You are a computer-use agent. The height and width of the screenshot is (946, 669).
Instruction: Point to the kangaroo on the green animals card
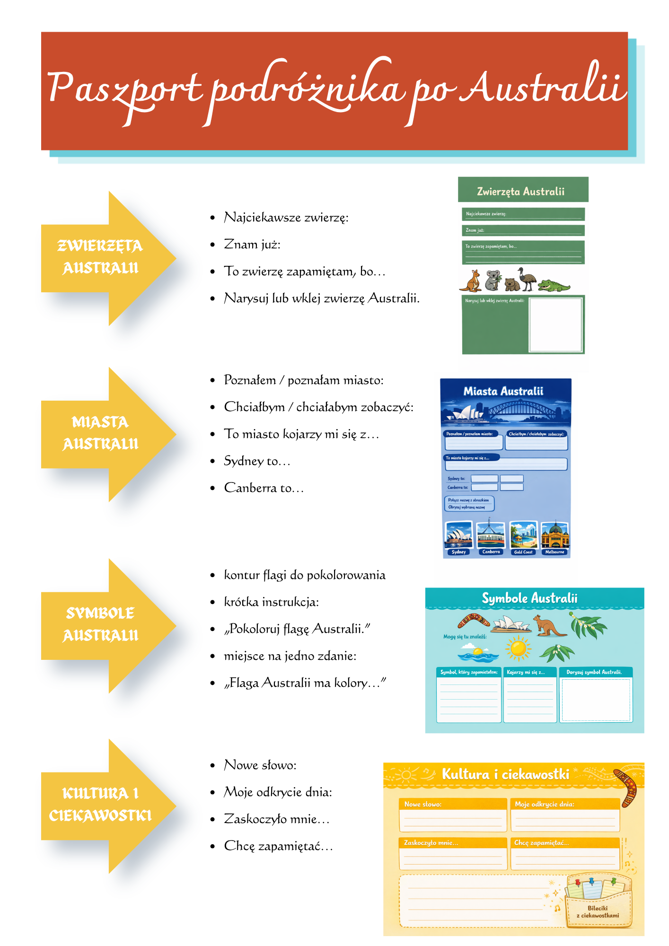(471, 281)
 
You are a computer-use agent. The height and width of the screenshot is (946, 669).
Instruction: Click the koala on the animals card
(493, 280)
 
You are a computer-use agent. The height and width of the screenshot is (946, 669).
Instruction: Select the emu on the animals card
(526, 278)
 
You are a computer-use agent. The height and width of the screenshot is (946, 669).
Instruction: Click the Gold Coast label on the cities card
(523, 552)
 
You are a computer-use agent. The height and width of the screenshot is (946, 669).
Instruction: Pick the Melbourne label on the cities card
(555, 552)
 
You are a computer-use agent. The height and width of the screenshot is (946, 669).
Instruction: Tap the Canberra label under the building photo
(491, 552)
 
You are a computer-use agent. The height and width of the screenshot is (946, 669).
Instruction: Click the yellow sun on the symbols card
(518, 648)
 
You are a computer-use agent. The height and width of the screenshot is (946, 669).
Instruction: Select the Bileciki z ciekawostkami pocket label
(598, 911)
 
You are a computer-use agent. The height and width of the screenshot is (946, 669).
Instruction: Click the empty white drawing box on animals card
(555, 324)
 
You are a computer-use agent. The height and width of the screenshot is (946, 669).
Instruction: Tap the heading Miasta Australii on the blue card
(503, 391)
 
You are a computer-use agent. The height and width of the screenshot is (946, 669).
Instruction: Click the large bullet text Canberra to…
(264, 488)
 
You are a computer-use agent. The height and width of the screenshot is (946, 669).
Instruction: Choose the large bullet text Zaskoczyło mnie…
(276, 819)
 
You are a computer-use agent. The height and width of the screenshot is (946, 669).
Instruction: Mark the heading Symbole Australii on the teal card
(529, 598)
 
